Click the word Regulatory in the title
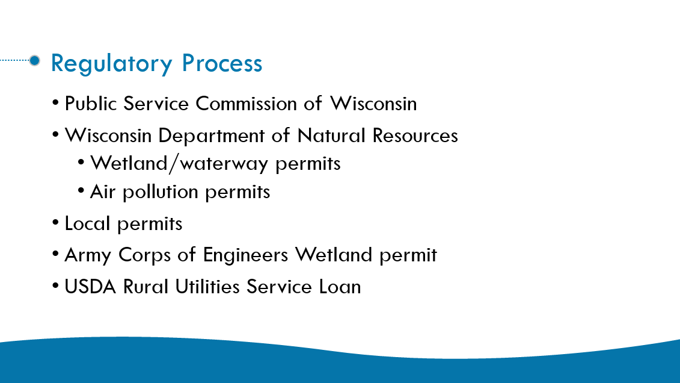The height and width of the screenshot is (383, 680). coord(111,64)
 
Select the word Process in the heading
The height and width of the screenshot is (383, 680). coord(222,63)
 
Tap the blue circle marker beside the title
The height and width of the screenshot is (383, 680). coord(35,60)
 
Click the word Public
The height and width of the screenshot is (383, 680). coord(91,104)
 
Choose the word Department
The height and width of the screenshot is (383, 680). coord(211,136)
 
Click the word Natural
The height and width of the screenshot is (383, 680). coord(331,135)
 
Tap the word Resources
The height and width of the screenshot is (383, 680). coord(415,135)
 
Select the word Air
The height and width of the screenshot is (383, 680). coord(103,191)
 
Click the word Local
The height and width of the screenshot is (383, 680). coord(87,223)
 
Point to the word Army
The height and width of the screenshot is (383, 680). coord(88,255)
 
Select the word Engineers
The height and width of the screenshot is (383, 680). coord(245,255)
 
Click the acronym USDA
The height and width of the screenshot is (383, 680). coord(90,287)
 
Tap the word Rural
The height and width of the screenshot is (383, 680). coord(145,287)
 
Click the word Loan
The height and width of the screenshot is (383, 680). coord(340,287)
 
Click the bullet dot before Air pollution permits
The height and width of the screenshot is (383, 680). coord(81,190)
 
